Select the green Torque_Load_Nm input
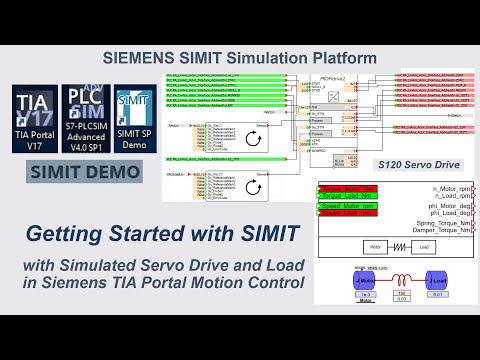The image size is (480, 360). coord(344,196)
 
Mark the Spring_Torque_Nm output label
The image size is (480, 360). coord(436,224)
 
